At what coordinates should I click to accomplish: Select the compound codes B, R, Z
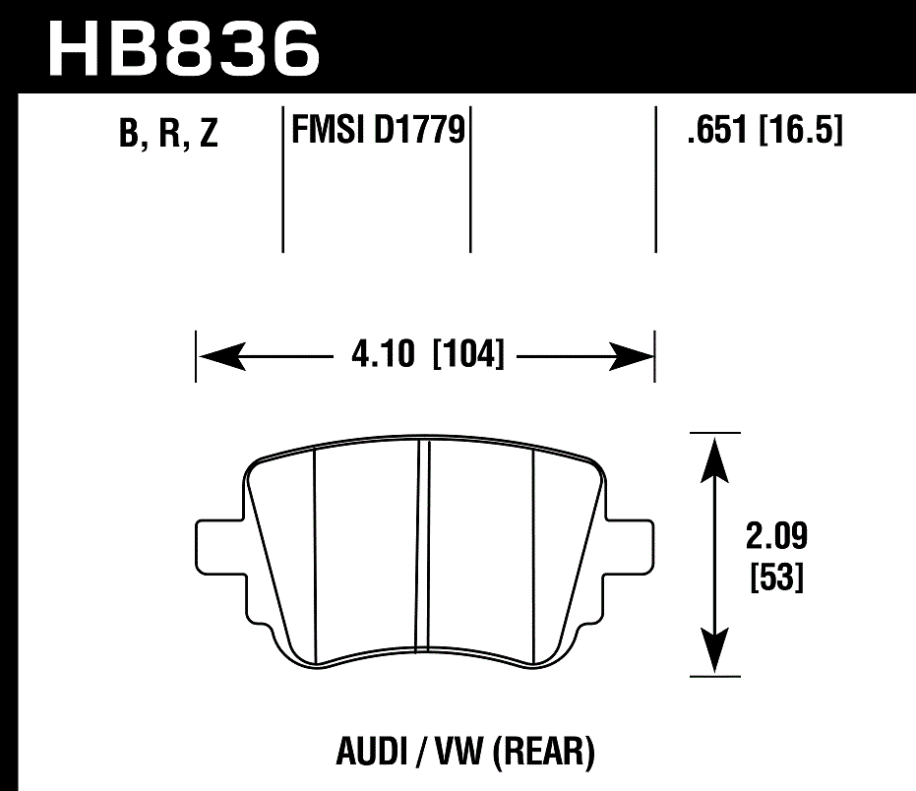(167, 135)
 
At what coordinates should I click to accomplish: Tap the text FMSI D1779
(377, 130)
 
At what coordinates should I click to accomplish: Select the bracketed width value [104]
(468, 353)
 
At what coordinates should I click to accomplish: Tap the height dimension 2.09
(776, 538)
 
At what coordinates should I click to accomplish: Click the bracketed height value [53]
(776, 578)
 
